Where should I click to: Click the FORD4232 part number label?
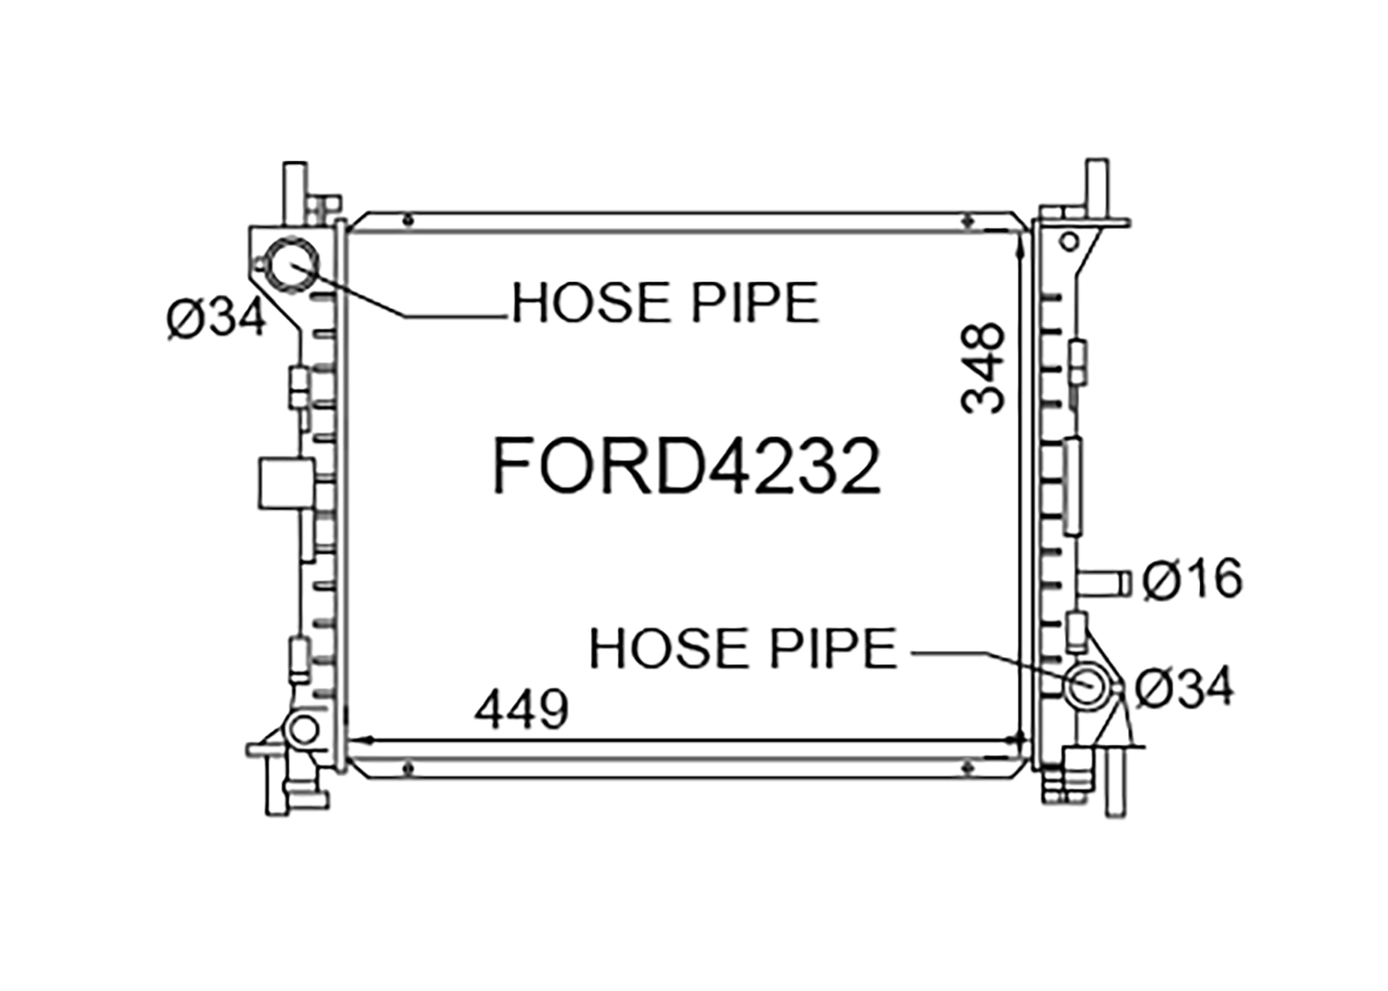pyautogui.click(x=686, y=465)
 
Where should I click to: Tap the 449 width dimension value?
pyautogui.click(x=521, y=708)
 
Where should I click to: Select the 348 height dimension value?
pyautogui.click(x=982, y=367)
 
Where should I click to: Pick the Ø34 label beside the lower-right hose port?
pyautogui.click(x=1184, y=688)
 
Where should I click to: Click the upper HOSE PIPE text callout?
pyautogui.click(x=665, y=303)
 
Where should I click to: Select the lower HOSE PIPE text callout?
pyautogui.click(x=743, y=649)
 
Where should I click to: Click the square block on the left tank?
pyautogui.click(x=286, y=483)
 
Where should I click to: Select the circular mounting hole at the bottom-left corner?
pyautogui.click(x=304, y=730)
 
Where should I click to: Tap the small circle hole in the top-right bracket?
pyautogui.click(x=1069, y=242)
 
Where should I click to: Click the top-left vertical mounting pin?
pyautogui.click(x=294, y=193)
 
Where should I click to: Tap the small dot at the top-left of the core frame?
pyautogui.click(x=407, y=220)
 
